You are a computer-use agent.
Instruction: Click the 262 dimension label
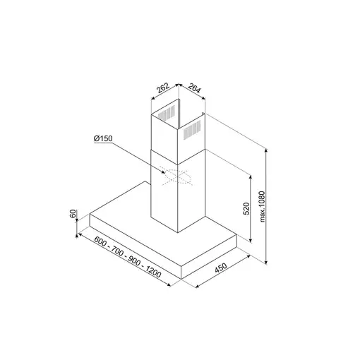pyautogui.click(x=163, y=90)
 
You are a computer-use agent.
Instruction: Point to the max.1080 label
pyautogui.click(x=262, y=207)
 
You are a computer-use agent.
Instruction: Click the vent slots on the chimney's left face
pyautogui.click(x=167, y=113)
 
